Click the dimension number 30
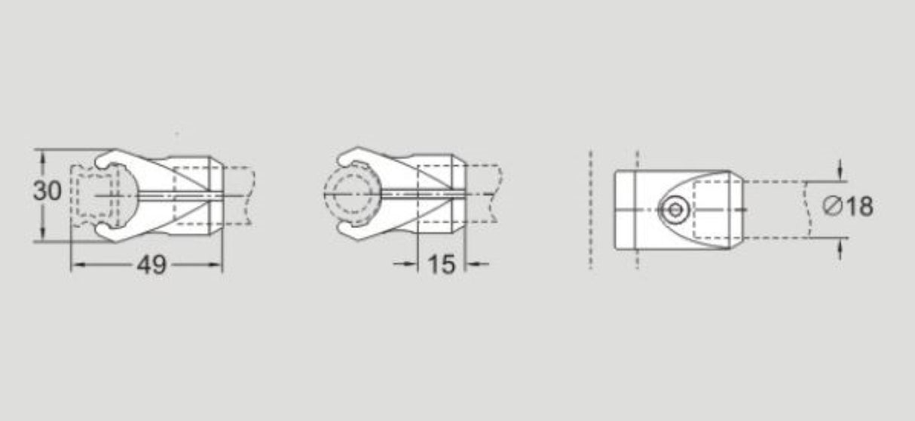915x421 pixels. click(47, 192)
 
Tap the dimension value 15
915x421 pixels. click(441, 265)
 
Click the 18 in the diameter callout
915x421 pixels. click(859, 207)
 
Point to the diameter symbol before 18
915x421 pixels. click(833, 207)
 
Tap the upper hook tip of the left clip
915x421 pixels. click(103, 160)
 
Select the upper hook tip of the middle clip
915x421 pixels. click(344, 161)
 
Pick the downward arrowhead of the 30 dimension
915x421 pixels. click(44, 235)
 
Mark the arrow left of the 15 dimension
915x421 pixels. click(411, 264)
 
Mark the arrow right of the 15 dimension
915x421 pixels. click(472, 264)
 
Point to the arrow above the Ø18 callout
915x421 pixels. click(840, 174)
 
